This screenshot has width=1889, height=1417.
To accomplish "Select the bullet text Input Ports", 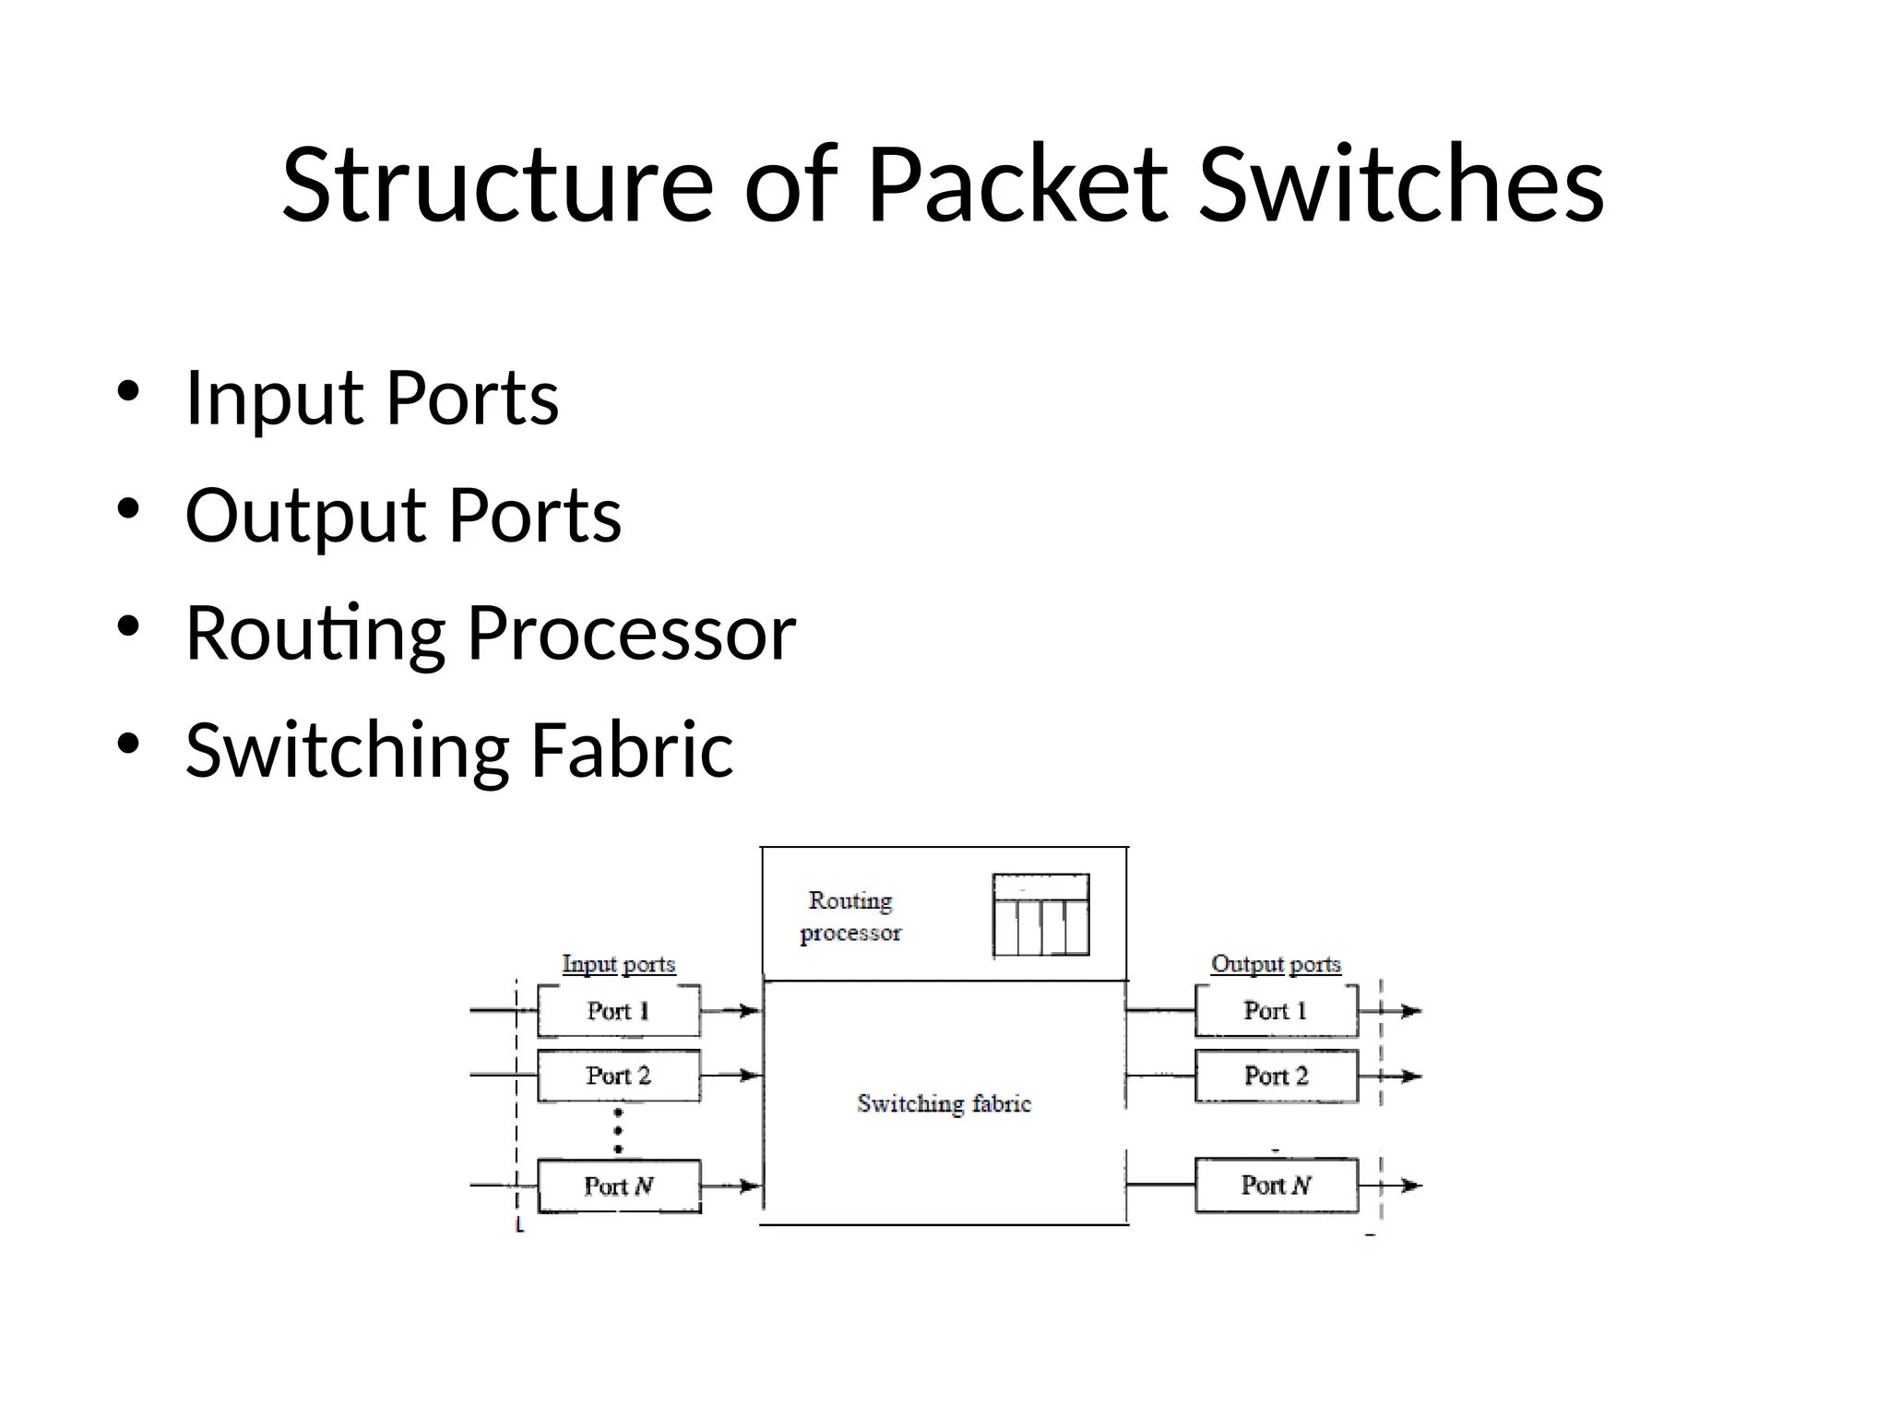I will click(x=372, y=399).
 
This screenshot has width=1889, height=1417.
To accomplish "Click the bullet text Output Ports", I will click(x=403, y=516).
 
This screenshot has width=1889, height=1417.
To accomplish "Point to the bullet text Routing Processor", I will click(x=490, y=634).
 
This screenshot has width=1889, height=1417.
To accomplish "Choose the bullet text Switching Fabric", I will click(x=458, y=750).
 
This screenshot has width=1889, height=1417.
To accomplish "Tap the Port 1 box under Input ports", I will click(x=618, y=1011).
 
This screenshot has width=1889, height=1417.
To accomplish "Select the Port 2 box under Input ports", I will click(x=618, y=1076).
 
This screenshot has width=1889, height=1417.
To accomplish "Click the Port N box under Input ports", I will click(x=618, y=1185).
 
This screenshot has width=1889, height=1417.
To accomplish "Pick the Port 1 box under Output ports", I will click(x=1276, y=1011).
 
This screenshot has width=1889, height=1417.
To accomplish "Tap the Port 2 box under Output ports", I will click(x=1276, y=1076).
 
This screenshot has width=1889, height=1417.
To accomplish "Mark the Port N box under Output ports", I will click(x=1276, y=1185).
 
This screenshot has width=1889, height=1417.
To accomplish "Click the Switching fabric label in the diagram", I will click(x=944, y=1103).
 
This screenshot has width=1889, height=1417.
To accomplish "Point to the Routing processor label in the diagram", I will click(x=849, y=916).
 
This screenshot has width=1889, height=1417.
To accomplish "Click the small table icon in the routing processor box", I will click(x=1040, y=915).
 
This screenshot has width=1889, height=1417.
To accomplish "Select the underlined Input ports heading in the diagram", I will click(x=619, y=964).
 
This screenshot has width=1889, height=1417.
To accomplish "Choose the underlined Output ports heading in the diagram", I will click(x=1276, y=964).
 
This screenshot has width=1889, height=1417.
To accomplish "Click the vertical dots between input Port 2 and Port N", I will click(x=618, y=1131).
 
